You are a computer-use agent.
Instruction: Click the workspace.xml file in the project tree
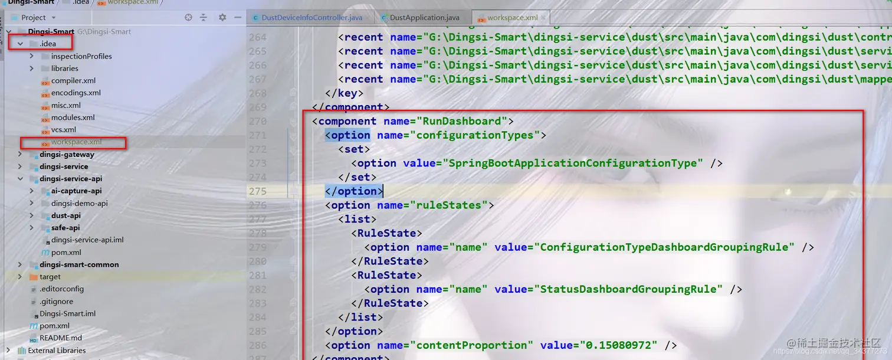[x=76, y=142]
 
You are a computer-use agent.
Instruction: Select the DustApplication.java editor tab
[x=424, y=18]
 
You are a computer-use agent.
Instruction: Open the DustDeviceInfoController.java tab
[x=311, y=18]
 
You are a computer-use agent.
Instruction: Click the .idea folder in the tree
[x=48, y=44]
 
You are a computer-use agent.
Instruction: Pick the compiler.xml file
[x=73, y=81]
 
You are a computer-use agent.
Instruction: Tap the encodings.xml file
[x=76, y=93]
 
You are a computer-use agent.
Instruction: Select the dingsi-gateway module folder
[x=67, y=155]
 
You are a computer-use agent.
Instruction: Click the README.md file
[x=61, y=338]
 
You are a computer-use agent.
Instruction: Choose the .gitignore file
[x=57, y=302]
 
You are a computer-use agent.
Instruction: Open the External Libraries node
[x=57, y=351]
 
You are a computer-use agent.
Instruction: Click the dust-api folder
[x=65, y=215]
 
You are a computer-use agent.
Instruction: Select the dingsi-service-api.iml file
[x=87, y=240]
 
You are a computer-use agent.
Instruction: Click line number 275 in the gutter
[x=258, y=191]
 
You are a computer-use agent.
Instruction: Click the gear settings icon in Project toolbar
[x=222, y=18]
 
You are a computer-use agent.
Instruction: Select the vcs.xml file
[x=63, y=130]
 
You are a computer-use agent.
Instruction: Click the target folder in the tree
[x=50, y=277]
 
